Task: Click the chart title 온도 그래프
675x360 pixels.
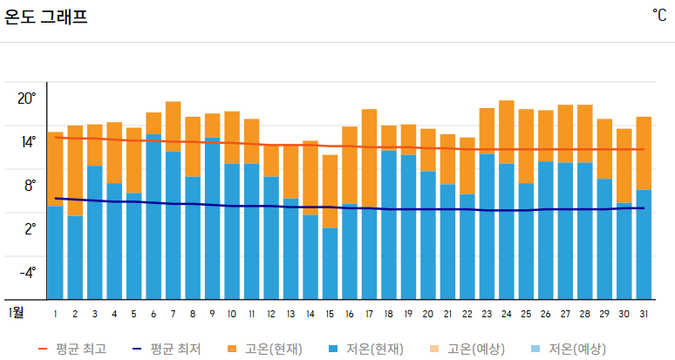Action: coord(46,16)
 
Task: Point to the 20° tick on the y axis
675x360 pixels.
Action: coord(27,98)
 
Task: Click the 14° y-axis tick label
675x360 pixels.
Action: coord(27,142)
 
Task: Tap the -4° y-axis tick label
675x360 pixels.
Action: coord(27,272)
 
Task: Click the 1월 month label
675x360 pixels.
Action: coord(17,312)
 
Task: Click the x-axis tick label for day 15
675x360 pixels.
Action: coord(330,314)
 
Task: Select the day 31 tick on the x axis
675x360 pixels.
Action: coord(644,314)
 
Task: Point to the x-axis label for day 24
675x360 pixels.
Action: coord(507,314)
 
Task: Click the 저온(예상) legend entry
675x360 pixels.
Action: coord(567,349)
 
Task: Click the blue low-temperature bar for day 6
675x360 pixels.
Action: coord(153,218)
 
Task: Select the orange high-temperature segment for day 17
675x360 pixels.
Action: coord(369,157)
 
